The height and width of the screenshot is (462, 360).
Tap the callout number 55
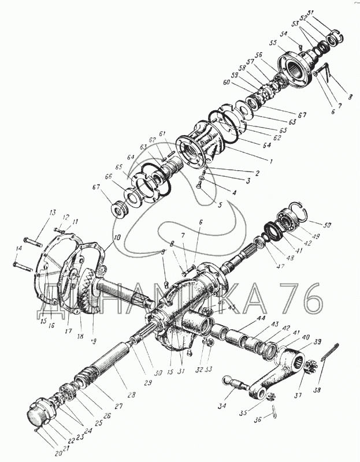pyautogui.click(x=272, y=43)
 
